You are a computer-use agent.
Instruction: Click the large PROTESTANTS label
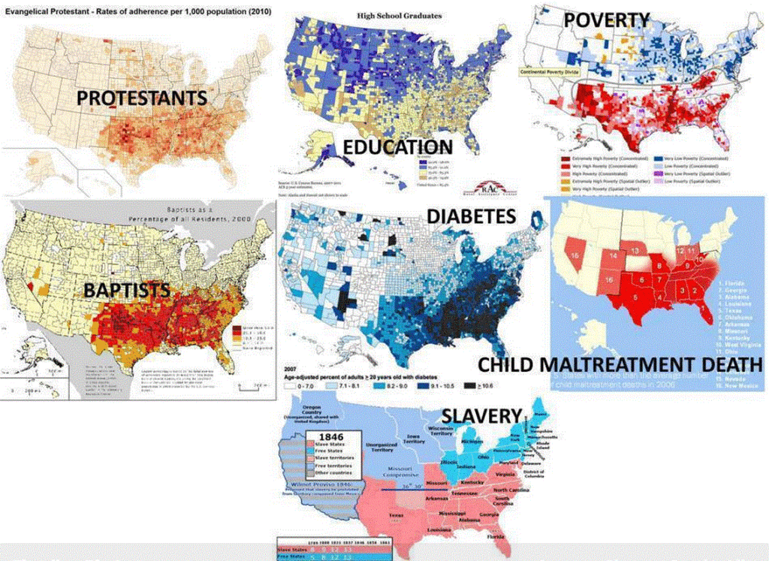pos(141,98)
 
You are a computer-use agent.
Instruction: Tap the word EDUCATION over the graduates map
pos(397,146)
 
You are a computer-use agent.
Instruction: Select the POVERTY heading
pos(607,20)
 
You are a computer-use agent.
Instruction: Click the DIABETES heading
pos(471,217)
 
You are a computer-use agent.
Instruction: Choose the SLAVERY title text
pos(481,415)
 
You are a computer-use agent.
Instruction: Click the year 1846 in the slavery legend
pos(331,436)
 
